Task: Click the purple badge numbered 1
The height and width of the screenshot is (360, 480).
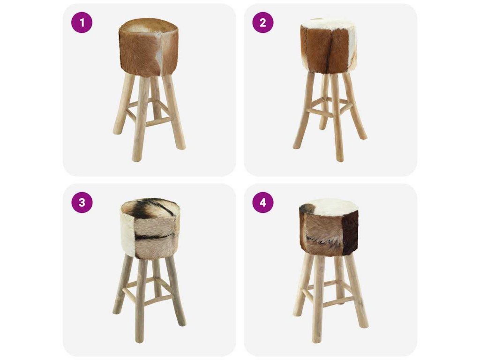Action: pos(82,22)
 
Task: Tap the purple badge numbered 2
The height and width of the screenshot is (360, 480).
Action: pos(263,22)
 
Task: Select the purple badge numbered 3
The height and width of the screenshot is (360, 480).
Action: pos(82,202)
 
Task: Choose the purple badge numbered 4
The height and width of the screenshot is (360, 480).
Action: pos(263,202)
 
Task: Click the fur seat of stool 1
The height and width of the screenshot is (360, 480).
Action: pos(149,47)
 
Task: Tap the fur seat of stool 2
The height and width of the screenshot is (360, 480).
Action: pos(329,46)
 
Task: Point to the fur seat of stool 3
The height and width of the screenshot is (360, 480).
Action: pos(150,228)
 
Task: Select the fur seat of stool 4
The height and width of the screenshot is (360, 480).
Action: pos(329,227)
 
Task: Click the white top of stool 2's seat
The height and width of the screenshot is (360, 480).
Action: pos(328,24)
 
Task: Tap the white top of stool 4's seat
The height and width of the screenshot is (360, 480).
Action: pos(332,207)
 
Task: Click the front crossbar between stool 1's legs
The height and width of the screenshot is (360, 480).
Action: pos(158,122)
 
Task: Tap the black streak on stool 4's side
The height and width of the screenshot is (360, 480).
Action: pos(318,241)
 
